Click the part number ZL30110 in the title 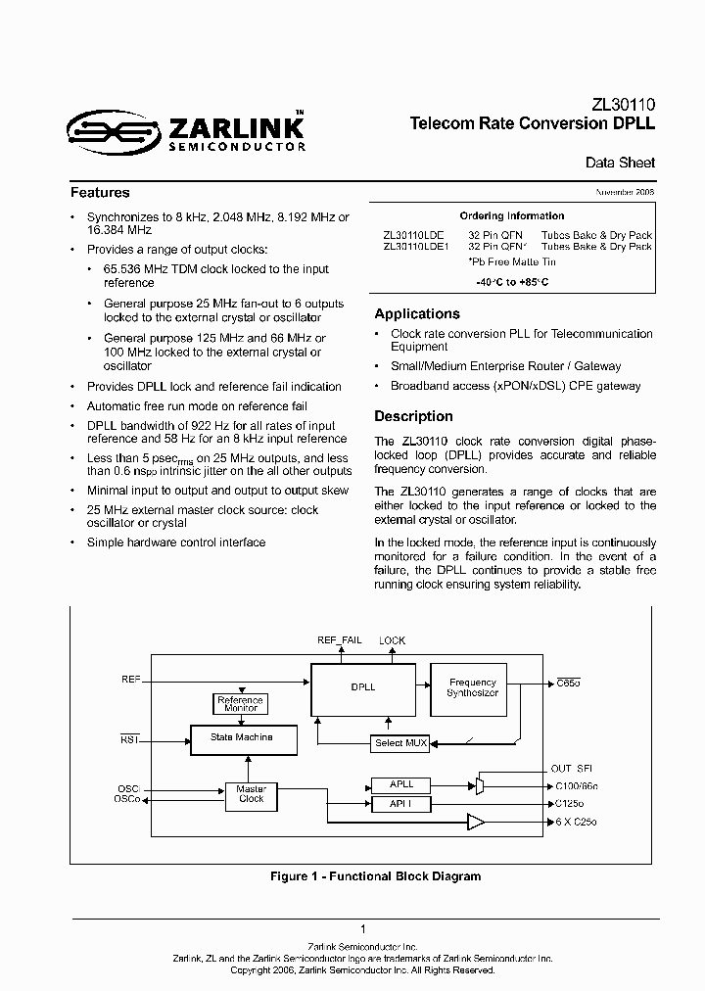click(623, 105)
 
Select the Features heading click(100, 193)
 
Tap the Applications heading click(417, 314)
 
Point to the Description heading click(413, 416)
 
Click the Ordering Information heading click(511, 215)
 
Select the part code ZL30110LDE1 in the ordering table click(416, 247)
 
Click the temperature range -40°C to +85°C click(512, 282)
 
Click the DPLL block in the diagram click(362, 686)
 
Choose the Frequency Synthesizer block click(472, 686)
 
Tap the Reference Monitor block click(240, 704)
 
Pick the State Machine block click(242, 737)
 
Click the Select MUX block click(400, 743)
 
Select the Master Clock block click(252, 793)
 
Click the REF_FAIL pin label click(339, 640)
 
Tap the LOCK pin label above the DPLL click(392, 640)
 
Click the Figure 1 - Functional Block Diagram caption click(375, 876)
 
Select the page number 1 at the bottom click(363, 929)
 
